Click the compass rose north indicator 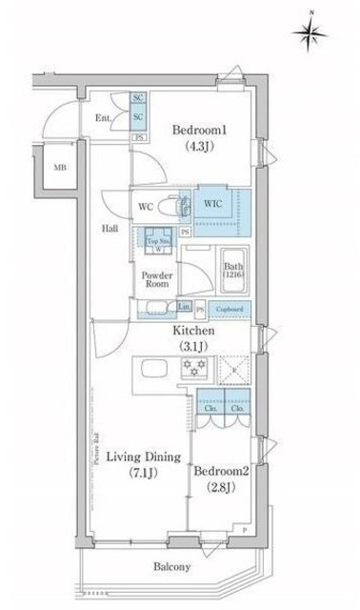coord(310,33)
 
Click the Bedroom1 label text coord(197,132)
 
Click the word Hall coord(110,229)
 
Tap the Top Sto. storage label coord(157,242)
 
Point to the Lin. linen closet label coord(184,307)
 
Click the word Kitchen coord(193,331)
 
